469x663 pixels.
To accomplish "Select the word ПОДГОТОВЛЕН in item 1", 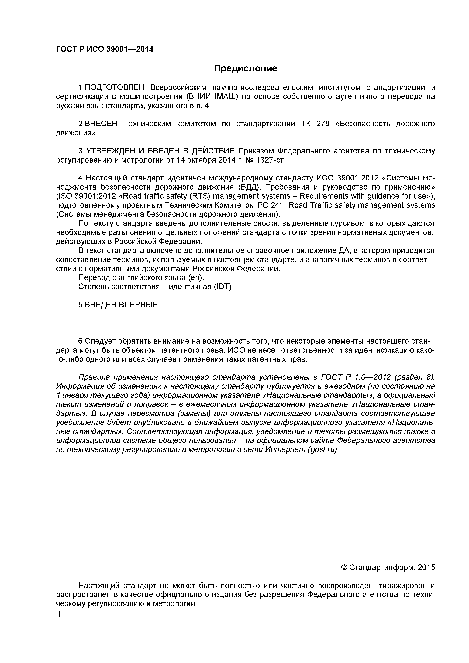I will pyautogui.click(x=114, y=88).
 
